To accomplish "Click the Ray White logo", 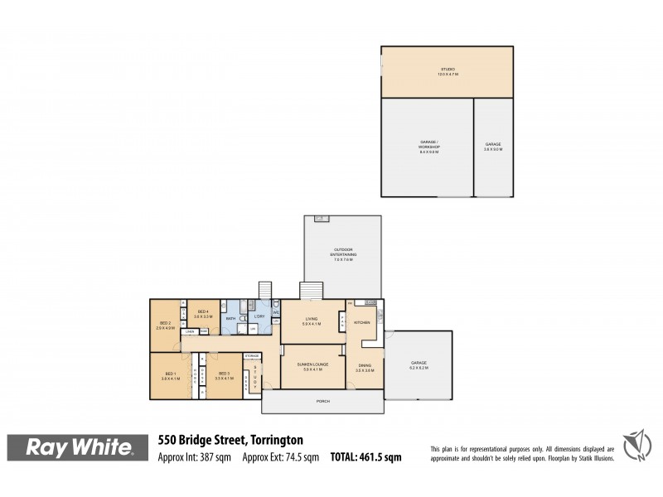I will click(x=80, y=448).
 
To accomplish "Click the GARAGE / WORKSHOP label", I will click(x=428, y=146).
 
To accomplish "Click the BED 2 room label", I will click(x=165, y=324).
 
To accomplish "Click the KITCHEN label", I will click(x=362, y=322).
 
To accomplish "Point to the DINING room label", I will click(x=365, y=367).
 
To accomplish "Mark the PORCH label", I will click(x=322, y=402).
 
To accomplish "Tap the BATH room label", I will click(x=230, y=317).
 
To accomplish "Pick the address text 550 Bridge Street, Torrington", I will click(x=230, y=440).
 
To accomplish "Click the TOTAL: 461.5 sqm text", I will click(x=365, y=456).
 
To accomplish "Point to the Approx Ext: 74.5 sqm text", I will click(x=281, y=456).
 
